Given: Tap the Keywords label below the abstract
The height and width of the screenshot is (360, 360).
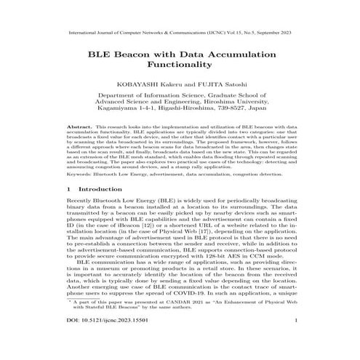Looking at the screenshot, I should pos(80,175).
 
